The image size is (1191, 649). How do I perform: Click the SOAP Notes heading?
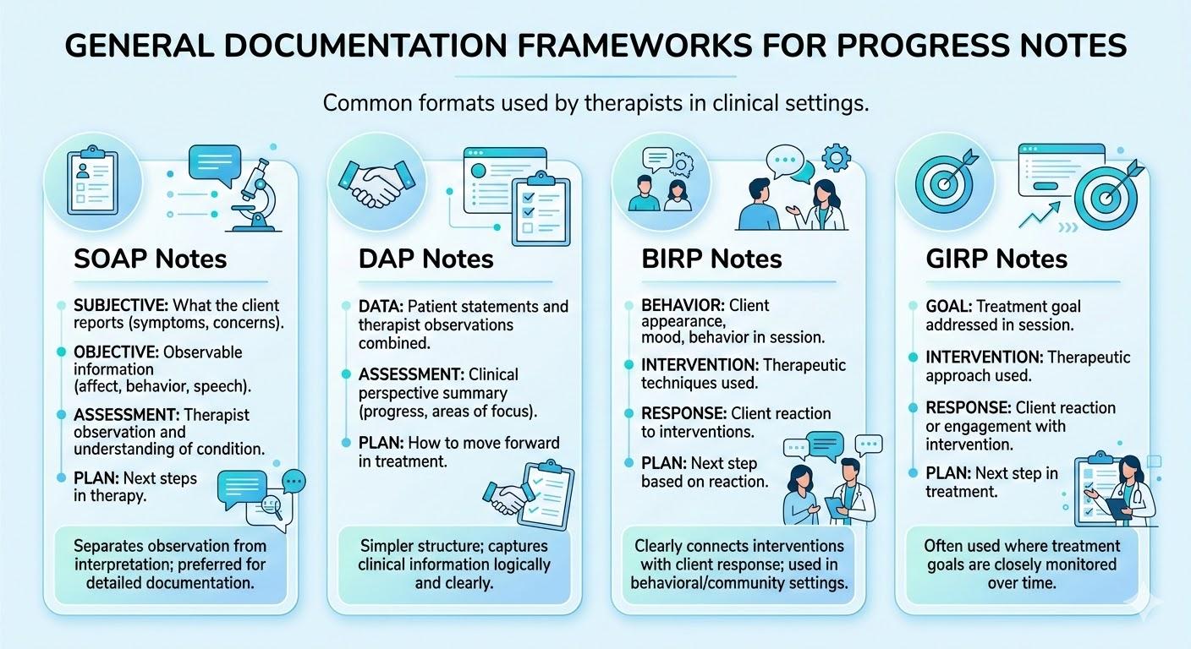[151, 258]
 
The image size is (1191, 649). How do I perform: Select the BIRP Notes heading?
[711, 258]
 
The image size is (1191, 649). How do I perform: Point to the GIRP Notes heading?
[996, 258]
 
